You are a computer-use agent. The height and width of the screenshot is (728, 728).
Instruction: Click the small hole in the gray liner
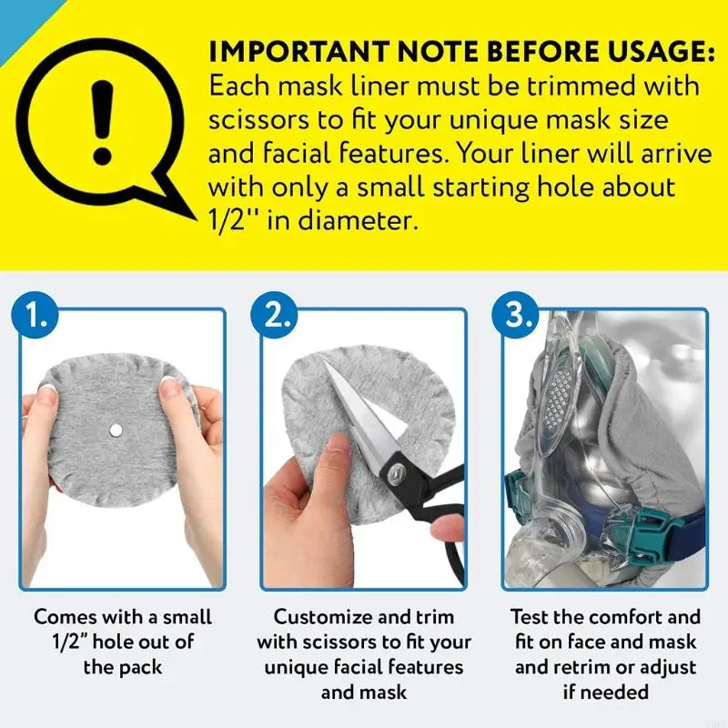tap(116, 428)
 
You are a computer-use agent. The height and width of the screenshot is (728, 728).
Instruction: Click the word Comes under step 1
tap(65, 616)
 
